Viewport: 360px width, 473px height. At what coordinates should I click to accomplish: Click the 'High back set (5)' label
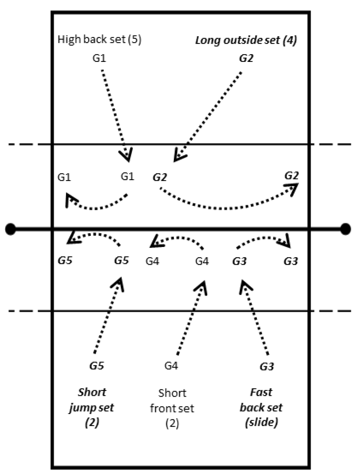99,39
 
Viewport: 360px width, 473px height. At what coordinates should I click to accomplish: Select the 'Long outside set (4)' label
246,40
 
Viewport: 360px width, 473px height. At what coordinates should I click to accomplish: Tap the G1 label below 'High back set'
99,58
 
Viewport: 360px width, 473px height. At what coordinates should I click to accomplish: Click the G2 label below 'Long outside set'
246,58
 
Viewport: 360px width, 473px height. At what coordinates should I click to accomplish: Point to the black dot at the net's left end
11,229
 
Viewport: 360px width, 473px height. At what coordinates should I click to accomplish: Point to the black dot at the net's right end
345,229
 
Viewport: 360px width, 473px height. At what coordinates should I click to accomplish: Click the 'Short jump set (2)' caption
92,407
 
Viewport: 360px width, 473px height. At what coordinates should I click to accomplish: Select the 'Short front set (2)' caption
172,408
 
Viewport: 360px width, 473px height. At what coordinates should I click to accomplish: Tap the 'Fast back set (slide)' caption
261,407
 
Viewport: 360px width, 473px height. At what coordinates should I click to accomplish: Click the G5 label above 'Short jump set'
97,366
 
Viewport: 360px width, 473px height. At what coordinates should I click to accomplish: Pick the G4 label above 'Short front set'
171,366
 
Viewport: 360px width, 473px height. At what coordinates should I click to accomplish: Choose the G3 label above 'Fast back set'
267,366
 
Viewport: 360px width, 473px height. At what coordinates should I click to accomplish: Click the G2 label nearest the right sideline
291,176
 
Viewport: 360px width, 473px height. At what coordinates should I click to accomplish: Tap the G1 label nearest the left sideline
64,177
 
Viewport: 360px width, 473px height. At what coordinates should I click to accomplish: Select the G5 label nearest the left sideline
65,261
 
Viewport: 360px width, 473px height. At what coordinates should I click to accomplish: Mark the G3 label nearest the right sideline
291,261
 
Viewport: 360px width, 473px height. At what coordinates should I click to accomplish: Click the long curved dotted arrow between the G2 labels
225,208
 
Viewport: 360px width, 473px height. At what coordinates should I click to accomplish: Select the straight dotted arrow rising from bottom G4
190,319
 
